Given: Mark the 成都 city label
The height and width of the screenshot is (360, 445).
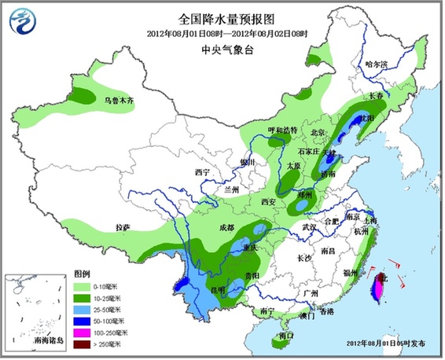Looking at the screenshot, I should [226, 226].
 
